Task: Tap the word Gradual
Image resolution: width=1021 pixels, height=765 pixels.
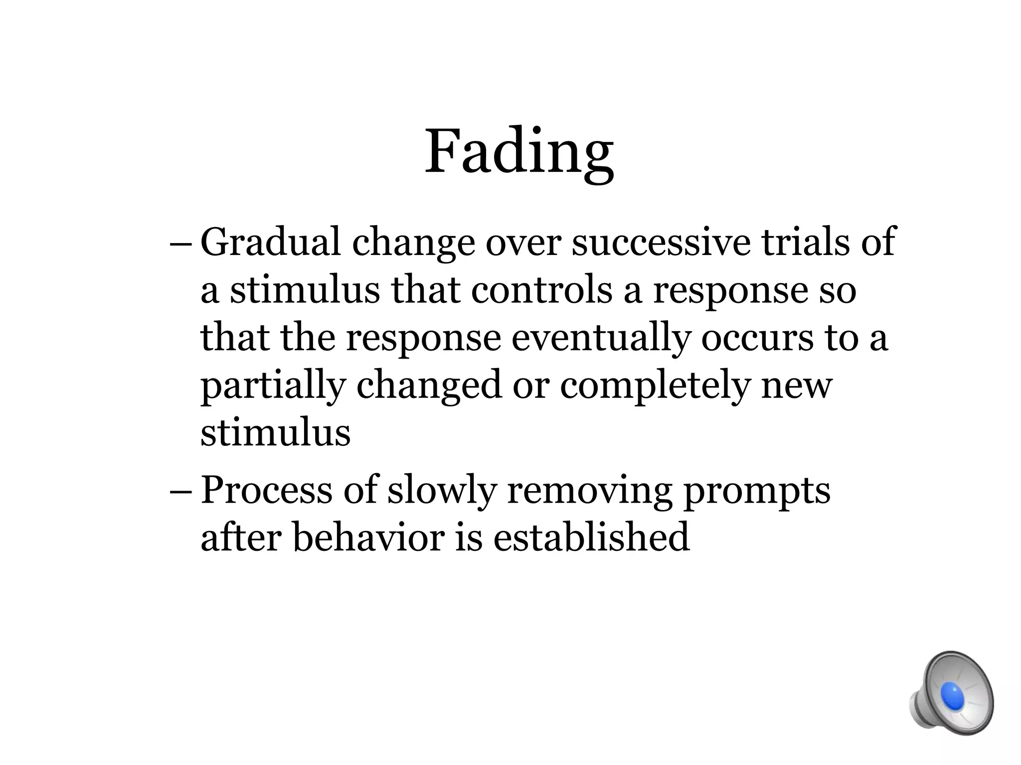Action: coord(271,242)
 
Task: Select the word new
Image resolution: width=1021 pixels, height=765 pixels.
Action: coord(797,386)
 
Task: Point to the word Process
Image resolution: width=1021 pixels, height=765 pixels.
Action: coord(266,490)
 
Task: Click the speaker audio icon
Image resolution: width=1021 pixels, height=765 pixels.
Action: coord(951,694)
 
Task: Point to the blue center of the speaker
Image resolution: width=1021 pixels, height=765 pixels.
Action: coord(953,696)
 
